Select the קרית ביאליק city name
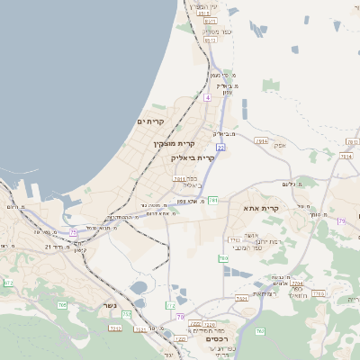click(x=193, y=157)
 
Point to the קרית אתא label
click(x=261, y=208)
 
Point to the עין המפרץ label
click(x=205, y=5)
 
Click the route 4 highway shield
click(x=207, y=96)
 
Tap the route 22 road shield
click(x=220, y=146)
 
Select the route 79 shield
click(x=342, y=220)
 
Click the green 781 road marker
click(x=213, y=200)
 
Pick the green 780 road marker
click(x=63, y=306)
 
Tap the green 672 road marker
click(x=9, y=283)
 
